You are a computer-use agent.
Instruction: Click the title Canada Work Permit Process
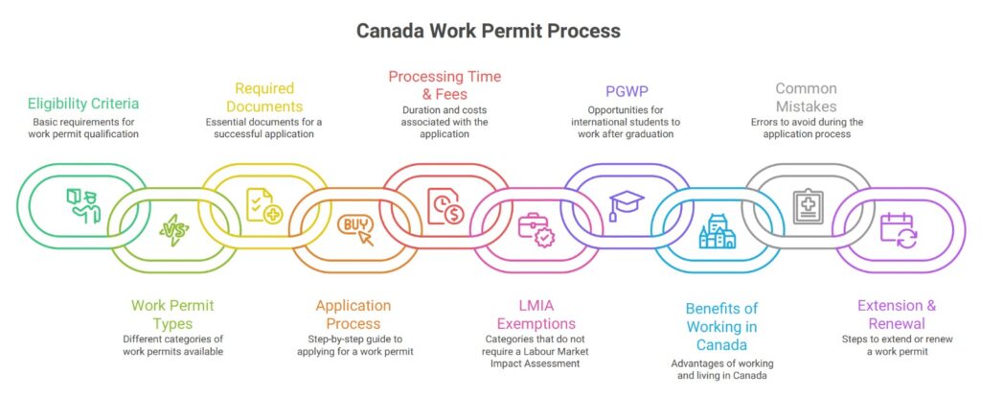tap(489, 31)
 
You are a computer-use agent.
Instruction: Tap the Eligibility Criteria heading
tap(83, 105)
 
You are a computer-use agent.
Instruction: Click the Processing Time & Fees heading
tap(444, 84)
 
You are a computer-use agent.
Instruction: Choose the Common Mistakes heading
tap(806, 97)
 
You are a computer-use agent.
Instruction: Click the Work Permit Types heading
tap(172, 315)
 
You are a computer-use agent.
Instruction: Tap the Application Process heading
tap(353, 315)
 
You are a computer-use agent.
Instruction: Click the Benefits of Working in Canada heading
tap(720, 325)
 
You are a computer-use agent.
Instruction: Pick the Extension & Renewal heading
tap(897, 315)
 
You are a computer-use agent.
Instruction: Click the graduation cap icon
tap(627, 204)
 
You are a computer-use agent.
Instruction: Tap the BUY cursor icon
tap(354, 229)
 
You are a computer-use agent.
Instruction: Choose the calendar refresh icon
tap(898, 230)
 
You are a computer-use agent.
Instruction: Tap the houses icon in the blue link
tap(717, 231)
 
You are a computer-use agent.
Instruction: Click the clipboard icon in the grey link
tap(807, 205)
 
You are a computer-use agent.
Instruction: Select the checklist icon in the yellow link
tap(263, 205)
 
